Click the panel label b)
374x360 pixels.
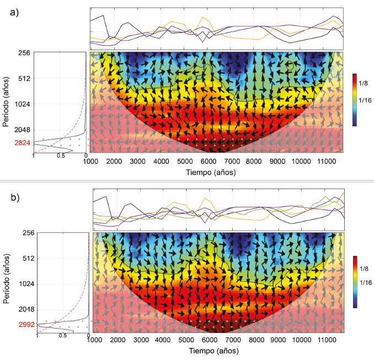15,196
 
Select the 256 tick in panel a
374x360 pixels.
23,53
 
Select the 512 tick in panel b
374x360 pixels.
23,258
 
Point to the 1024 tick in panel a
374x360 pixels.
22,104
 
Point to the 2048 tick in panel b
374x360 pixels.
22,309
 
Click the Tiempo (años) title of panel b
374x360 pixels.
216,351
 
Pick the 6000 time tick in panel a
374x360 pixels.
207,161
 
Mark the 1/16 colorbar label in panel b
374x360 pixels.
366,282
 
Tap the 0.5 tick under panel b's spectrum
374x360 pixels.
63,335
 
